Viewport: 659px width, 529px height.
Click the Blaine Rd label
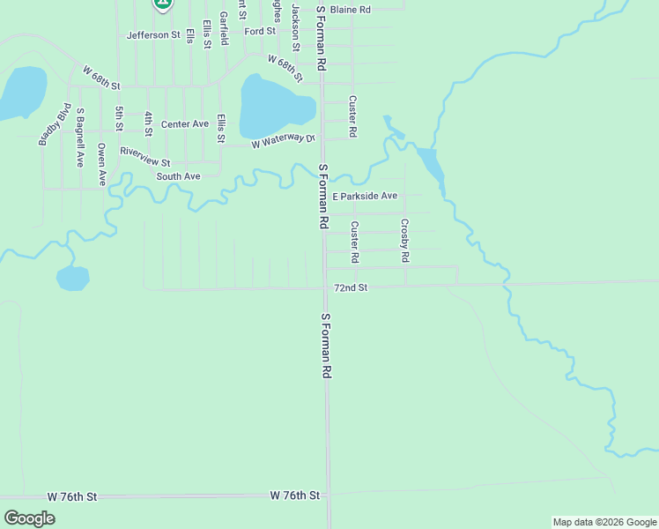(351, 10)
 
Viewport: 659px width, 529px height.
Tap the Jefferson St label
(153, 35)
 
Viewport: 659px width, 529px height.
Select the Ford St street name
(261, 32)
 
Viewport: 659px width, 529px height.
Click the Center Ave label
(184, 124)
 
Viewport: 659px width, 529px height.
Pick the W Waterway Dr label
(283, 141)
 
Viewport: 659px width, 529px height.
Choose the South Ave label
(179, 176)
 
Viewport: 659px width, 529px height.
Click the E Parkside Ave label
(365, 196)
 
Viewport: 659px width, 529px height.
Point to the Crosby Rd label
(405, 241)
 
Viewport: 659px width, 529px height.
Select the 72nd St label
(351, 287)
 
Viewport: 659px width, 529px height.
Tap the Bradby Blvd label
(54, 124)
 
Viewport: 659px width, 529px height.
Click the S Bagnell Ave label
(80, 138)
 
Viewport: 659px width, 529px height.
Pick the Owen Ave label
(102, 164)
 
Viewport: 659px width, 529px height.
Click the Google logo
(29, 518)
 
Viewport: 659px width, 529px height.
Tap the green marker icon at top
(161, 4)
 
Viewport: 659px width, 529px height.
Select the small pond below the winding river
(72, 279)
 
